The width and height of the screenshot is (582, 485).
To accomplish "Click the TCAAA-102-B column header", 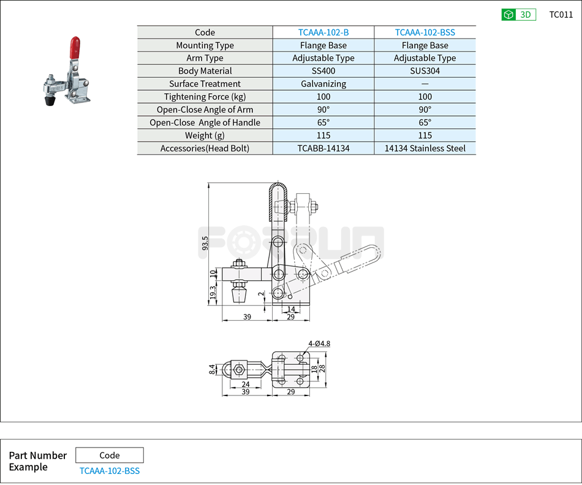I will click(x=323, y=32).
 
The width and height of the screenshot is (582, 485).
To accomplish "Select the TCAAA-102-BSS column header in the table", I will click(x=425, y=32).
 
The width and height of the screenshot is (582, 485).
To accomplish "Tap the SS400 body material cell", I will click(x=323, y=71).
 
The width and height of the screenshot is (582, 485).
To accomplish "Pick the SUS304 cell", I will click(x=425, y=71).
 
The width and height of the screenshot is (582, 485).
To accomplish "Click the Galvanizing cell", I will click(x=323, y=84).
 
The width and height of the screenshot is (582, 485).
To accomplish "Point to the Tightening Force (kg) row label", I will click(x=205, y=97).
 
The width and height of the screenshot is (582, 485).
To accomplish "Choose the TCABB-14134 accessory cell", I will click(x=323, y=148).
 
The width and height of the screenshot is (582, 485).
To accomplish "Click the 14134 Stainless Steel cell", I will click(x=425, y=148).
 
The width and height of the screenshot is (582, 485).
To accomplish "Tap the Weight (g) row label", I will click(x=205, y=136).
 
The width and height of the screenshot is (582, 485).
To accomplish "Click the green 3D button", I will click(x=518, y=15).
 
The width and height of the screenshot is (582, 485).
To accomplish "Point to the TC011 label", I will click(x=561, y=15).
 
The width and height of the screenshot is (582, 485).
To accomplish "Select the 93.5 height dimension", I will click(x=205, y=243).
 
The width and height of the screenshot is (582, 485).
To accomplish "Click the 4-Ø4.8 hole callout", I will click(x=319, y=343).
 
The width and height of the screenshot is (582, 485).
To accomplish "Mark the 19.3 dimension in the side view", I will click(x=213, y=293).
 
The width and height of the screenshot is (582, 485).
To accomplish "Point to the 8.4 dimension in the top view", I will click(x=212, y=369).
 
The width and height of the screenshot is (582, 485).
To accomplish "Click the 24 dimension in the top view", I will click(x=245, y=384).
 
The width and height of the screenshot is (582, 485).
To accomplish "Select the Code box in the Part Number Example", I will click(x=110, y=455).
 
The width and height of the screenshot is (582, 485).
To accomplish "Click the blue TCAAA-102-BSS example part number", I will click(x=110, y=471).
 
